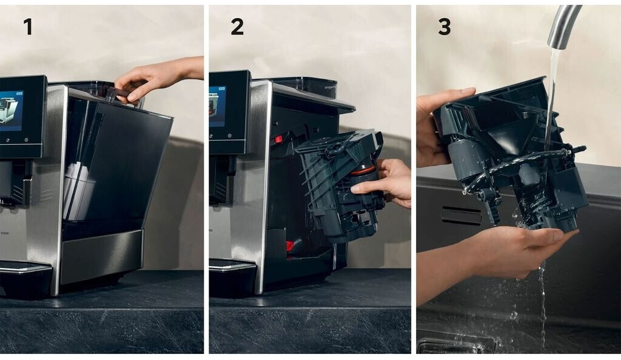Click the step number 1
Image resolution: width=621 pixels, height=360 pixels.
click(x=28, y=27)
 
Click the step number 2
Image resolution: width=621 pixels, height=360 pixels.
click(x=237, y=27)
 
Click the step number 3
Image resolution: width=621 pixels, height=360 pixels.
click(x=445, y=27)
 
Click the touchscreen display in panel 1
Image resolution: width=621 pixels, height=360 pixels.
click(x=12, y=111)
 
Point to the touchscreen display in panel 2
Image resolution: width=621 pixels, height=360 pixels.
click(x=218, y=107)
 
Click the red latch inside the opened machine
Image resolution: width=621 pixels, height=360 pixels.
click(x=278, y=139)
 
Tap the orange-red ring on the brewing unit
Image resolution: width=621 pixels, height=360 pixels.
click(x=362, y=170)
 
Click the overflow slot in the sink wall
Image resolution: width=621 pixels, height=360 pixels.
click(x=461, y=216)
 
